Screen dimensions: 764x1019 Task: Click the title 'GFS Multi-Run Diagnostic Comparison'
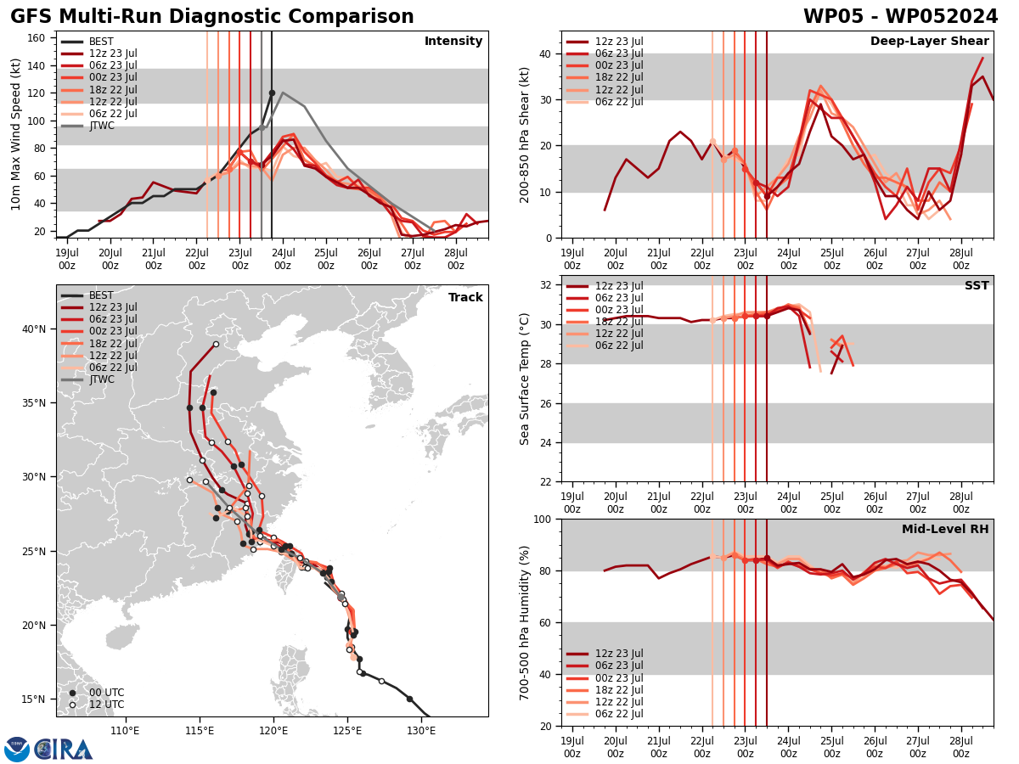click(x=212, y=17)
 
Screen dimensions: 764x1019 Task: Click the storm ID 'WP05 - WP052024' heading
click(x=900, y=17)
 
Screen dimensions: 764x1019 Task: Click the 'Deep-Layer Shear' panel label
click(x=929, y=42)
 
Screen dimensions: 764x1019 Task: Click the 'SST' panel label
click(x=976, y=286)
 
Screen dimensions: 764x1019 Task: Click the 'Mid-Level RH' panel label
click(x=945, y=530)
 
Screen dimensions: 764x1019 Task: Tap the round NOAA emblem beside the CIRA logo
click(x=17, y=750)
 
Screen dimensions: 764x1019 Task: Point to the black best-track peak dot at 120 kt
click(x=272, y=93)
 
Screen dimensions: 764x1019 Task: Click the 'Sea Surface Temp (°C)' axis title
click(x=525, y=379)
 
